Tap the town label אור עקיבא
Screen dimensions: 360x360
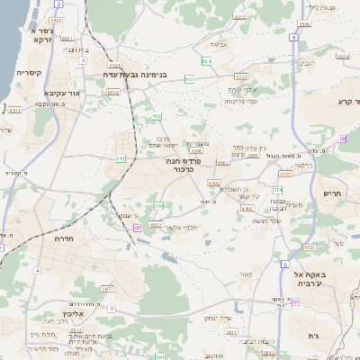(62, 93)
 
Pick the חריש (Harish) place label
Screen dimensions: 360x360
(334, 193)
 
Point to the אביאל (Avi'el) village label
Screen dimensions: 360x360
(218, 43)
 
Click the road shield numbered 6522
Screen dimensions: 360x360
(240, 78)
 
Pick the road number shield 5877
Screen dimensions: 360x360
(107, 288)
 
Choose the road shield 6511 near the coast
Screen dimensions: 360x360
(15, 109)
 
